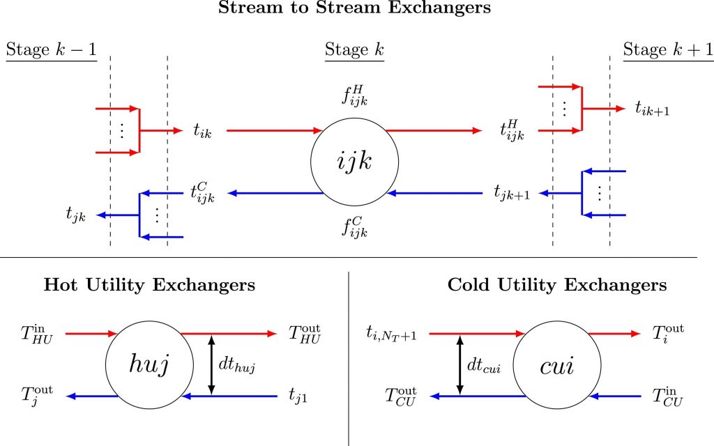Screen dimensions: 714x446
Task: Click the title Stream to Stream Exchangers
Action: [x=354, y=8]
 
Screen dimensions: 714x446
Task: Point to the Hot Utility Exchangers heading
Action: [x=149, y=285]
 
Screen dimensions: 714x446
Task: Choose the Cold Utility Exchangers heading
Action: [x=557, y=285]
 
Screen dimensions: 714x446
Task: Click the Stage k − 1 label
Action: [x=52, y=49]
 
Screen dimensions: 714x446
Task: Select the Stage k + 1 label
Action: [x=668, y=49]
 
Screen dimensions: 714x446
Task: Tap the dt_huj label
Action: [x=237, y=365]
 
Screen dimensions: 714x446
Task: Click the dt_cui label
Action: [x=484, y=365]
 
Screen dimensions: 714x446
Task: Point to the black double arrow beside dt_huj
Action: [x=211, y=364]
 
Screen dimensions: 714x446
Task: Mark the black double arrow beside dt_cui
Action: [x=460, y=364]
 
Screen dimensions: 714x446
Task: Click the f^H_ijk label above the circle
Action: [x=354, y=95]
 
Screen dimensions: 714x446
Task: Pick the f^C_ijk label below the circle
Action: [x=354, y=226]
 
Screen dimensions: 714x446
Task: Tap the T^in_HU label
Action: [x=37, y=334]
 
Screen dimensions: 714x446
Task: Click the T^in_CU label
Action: [x=667, y=397]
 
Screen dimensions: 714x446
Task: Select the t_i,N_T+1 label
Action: [x=391, y=334]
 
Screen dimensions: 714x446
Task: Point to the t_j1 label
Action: [x=298, y=396]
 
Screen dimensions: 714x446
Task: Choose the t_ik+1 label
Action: [x=653, y=109]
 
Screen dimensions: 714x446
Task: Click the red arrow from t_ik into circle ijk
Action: [x=274, y=130]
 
